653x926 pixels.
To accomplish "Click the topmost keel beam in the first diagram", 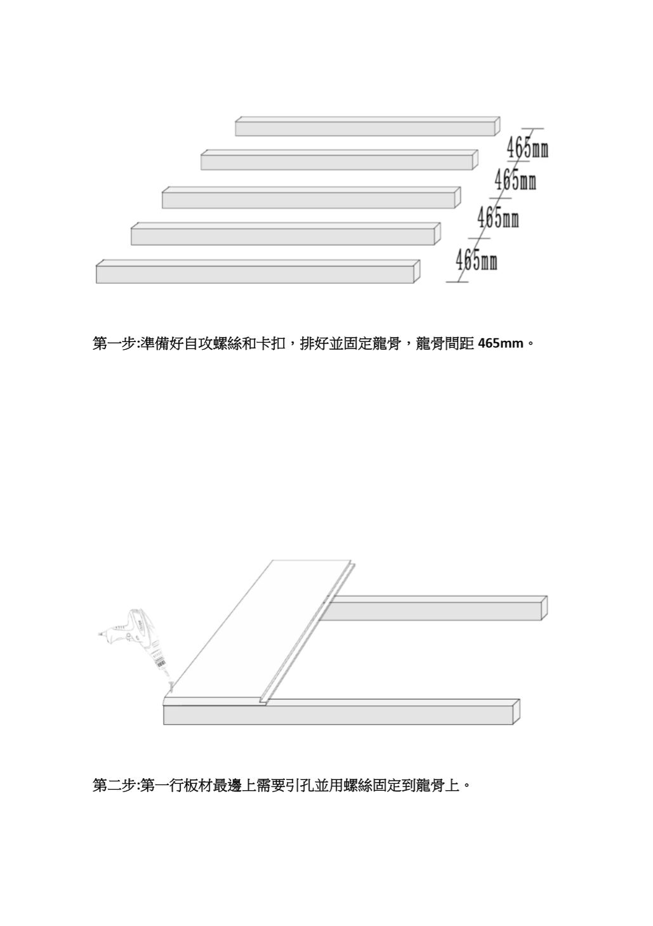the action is point(365,127).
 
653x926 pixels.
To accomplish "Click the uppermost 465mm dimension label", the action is point(527,149).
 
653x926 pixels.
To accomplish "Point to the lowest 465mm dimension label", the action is point(476,260).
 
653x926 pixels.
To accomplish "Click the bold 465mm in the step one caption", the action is point(501,344).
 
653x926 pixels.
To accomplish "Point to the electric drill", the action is point(140,638).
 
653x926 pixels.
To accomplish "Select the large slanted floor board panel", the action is point(260,632).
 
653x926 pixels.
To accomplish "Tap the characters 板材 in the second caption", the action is point(198,786).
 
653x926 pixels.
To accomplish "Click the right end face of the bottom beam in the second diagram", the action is point(517,711).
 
